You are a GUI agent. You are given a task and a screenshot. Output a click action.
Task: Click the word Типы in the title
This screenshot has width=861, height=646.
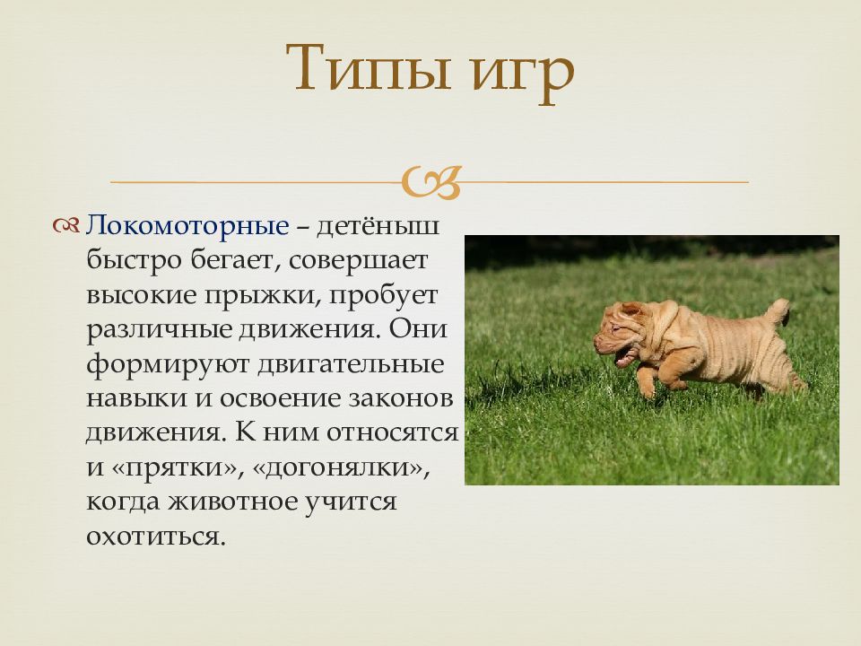368,67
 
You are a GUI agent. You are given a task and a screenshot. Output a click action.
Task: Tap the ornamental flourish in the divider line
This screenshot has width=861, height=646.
431,182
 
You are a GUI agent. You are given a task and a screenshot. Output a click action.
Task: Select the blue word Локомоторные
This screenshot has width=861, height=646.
187,225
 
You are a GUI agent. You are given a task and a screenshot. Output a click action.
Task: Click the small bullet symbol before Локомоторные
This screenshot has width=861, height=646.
66,225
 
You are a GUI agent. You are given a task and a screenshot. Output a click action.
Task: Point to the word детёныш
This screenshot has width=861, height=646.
378,225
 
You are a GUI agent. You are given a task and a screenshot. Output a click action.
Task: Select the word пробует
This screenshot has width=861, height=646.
383,295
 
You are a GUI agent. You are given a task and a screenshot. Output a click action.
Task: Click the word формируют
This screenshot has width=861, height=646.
167,365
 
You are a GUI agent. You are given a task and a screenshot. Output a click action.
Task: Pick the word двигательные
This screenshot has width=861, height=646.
351,364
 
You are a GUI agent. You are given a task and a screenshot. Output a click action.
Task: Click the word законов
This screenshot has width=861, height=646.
401,398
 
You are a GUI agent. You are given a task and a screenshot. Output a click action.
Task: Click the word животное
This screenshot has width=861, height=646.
233,502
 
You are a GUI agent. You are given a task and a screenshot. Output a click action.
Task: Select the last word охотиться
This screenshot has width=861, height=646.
156,537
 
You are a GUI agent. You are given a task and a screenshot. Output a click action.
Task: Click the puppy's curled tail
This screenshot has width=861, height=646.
778,310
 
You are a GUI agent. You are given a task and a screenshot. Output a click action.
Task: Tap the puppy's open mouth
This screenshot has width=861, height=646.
625,357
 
